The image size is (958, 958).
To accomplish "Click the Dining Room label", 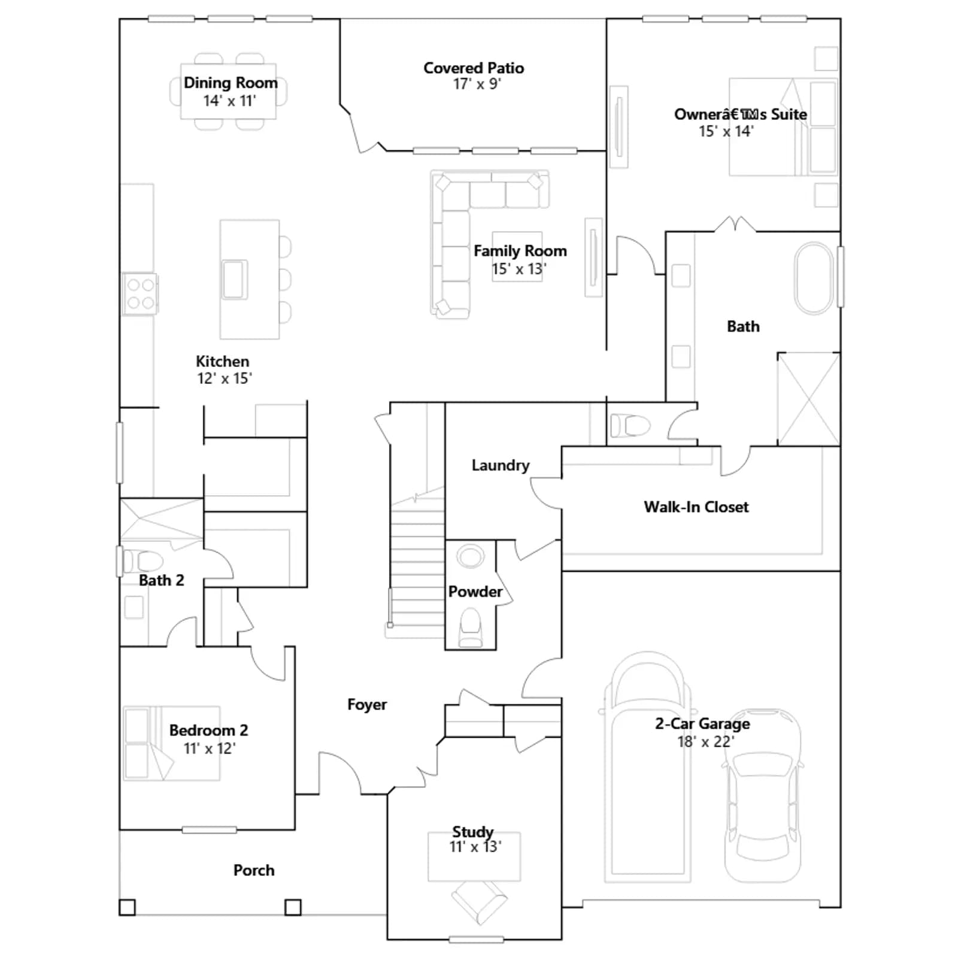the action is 231,83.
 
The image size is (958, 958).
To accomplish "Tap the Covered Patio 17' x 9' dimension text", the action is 477,84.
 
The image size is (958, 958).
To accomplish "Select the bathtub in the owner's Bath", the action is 814,278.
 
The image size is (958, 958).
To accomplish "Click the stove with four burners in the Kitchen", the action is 140,294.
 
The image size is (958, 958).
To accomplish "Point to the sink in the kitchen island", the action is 234,279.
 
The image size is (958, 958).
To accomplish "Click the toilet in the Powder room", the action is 470,627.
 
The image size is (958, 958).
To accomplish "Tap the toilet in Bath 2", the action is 143,561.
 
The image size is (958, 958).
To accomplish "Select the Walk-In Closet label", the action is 696,507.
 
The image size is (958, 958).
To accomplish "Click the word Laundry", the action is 501,465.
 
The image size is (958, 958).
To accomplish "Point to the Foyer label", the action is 367,705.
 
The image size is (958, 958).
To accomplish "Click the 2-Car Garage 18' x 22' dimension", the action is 705,742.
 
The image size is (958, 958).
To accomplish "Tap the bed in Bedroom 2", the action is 171,743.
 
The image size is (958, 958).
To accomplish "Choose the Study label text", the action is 472,831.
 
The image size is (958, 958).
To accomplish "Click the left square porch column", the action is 127,907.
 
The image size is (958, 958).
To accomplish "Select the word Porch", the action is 254,870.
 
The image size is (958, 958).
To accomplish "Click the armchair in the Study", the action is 479,902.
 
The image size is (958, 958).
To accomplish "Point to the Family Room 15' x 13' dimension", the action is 519,269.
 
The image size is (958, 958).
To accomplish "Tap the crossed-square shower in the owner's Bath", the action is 809,399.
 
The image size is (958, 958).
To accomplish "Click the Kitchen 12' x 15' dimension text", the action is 225,378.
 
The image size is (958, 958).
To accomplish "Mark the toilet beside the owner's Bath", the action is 630,426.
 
